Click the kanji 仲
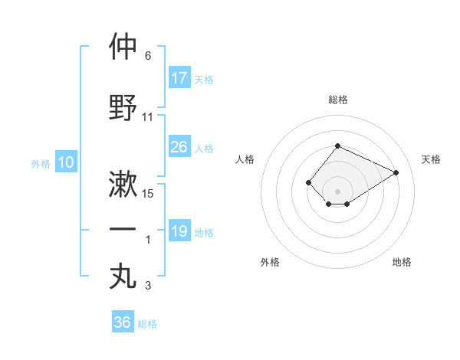point(123,47)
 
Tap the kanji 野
point(123,107)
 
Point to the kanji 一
point(123,230)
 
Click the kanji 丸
point(123,276)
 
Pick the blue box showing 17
point(179,77)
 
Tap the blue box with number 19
point(179,231)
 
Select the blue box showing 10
point(65,162)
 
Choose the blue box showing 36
point(123,322)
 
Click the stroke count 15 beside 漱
point(149,194)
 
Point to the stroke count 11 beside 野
point(149,117)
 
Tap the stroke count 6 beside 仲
point(148,56)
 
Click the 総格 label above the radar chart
point(337,100)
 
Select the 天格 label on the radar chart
point(431,159)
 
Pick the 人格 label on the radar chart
point(245,159)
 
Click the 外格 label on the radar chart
point(270,262)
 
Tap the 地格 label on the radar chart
point(402,262)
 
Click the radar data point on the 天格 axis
point(396,172)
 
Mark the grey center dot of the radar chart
point(337,191)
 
